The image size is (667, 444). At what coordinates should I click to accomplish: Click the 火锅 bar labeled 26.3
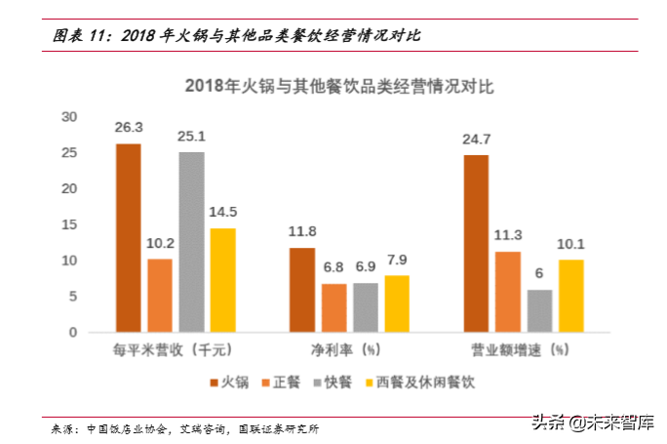128,238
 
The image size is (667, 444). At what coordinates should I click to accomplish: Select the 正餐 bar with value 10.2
160,296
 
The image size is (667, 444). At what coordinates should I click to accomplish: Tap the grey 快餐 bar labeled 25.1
191,242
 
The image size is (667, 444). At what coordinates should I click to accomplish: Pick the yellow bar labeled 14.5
223,280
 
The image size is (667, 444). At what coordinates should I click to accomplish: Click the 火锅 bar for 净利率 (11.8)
302,290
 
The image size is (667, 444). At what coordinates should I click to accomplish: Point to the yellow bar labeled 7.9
397,303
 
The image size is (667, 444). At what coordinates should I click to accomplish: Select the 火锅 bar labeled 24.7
476,244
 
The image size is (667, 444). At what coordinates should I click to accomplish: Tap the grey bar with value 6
539,311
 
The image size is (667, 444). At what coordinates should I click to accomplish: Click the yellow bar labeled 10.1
570,296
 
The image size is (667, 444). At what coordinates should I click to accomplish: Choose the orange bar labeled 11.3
507,292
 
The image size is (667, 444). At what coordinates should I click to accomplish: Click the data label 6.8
333,266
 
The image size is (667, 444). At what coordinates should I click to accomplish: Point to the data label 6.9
366,266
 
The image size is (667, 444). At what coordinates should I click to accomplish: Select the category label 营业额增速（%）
523,349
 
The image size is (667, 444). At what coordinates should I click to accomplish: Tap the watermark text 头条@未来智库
592,422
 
